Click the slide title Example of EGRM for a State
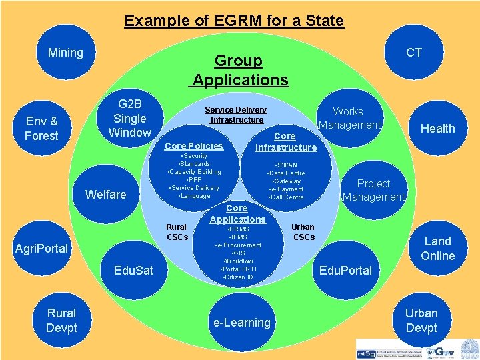coord(234,21)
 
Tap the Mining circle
coord(65,53)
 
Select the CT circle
coord(414,53)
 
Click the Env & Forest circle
coord(41,129)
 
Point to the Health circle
coord(437,129)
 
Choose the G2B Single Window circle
coord(130,119)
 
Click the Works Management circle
coord(348,119)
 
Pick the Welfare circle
coord(106,194)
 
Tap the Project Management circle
coord(373,190)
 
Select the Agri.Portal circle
coord(41,249)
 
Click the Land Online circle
coord(437,248)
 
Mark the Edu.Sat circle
coord(133,270)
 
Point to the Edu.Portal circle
coord(345,270)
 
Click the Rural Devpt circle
coord(61,320)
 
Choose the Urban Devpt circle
coord(421,320)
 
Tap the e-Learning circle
coord(241,323)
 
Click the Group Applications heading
coord(239,71)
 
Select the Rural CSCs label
coord(177,232)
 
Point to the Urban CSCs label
coord(303,232)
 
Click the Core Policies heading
coord(193,146)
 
